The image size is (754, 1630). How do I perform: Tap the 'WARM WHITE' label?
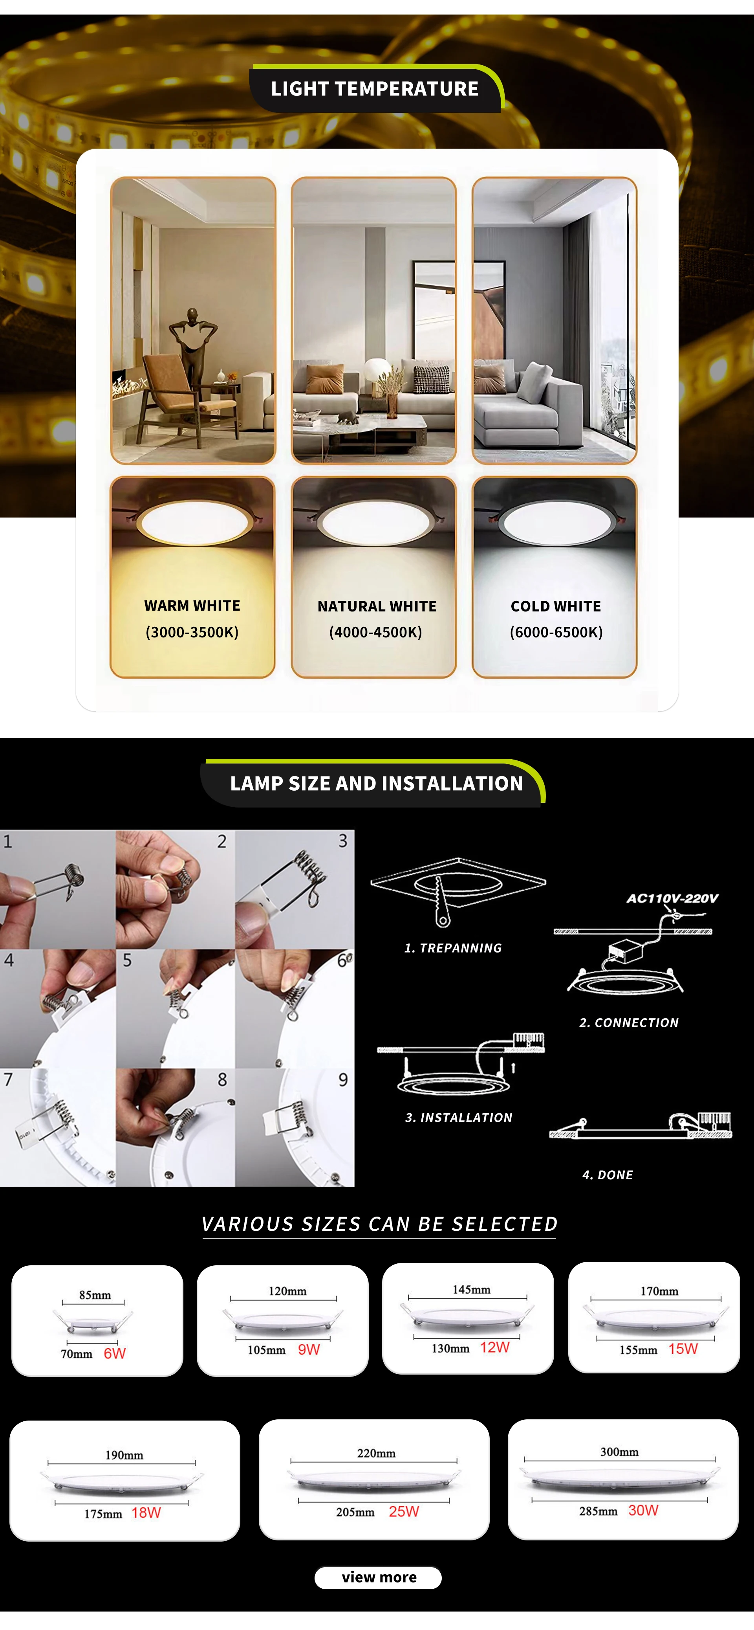click(192, 606)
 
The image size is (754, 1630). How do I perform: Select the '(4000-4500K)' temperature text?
click(376, 632)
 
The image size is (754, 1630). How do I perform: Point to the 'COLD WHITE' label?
click(556, 606)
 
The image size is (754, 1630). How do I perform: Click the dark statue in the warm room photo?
click(193, 342)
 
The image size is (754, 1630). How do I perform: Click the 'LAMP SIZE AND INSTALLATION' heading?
click(376, 783)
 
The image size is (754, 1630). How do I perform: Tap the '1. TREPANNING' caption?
click(453, 948)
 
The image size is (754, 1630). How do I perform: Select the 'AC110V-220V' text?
click(672, 899)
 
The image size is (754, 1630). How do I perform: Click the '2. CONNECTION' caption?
click(629, 1022)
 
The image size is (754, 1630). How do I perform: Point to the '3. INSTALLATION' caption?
click(459, 1118)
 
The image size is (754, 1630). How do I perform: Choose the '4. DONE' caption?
click(607, 1175)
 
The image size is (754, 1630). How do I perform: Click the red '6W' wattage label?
click(115, 1353)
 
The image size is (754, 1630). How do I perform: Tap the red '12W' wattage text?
click(495, 1347)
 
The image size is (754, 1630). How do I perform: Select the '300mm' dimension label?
click(619, 1452)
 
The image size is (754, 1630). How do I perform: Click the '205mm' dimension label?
click(355, 1512)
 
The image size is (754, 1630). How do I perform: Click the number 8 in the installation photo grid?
click(222, 1079)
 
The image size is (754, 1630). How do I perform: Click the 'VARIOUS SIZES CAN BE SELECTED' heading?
click(379, 1224)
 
